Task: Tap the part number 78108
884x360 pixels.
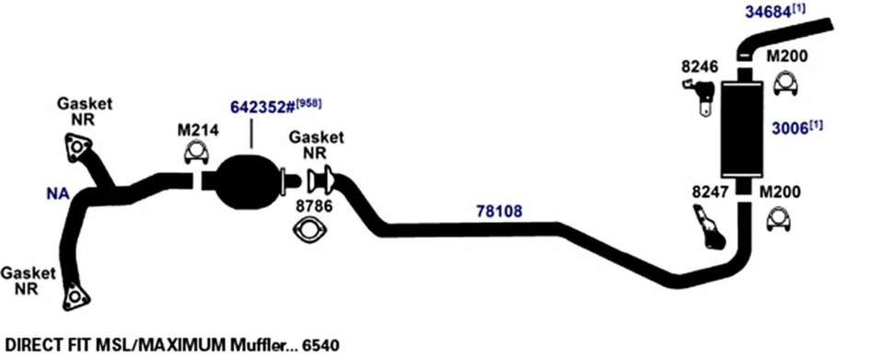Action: [499, 211]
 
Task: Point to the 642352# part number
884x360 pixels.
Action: [261, 107]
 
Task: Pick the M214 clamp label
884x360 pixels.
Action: [197, 130]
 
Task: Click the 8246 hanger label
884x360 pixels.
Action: [696, 66]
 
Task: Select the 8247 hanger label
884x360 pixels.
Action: [709, 193]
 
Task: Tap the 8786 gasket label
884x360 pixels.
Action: [312, 207]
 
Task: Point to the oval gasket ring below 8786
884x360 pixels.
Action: [312, 232]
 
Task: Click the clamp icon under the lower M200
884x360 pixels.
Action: [779, 222]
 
